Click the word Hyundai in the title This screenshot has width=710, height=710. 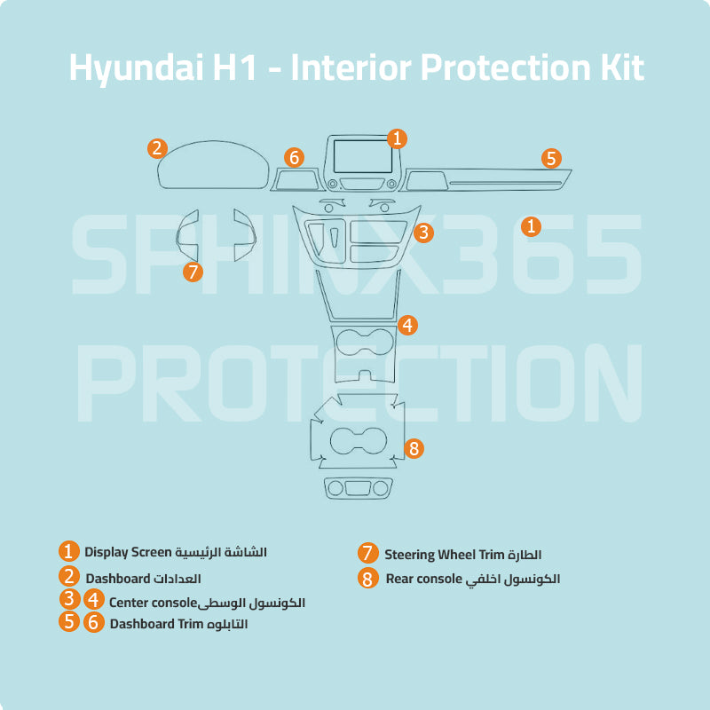(x=136, y=68)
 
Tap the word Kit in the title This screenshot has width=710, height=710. (x=622, y=67)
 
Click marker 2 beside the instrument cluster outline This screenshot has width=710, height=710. (x=158, y=148)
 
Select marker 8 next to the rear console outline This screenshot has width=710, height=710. (x=414, y=448)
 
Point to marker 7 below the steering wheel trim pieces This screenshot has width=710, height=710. (x=193, y=272)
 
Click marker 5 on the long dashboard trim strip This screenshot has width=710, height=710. (x=551, y=159)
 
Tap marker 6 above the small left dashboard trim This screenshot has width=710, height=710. (x=294, y=157)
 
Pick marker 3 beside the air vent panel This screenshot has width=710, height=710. (x=424, y=233)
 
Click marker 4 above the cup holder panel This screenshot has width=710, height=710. (x=407, y=325)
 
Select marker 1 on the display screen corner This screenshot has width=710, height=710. (x=397, y=138)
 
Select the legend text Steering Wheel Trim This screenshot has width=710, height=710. (x=445, y=555)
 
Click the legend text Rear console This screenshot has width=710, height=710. (x=424, y=579)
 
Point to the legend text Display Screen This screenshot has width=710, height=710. (x=128, y=552)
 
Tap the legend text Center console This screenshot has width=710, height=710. (x=153, y=603)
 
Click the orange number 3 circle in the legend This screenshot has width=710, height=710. (x=69, y=598)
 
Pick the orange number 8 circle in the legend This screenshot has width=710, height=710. (x=367, y=579)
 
